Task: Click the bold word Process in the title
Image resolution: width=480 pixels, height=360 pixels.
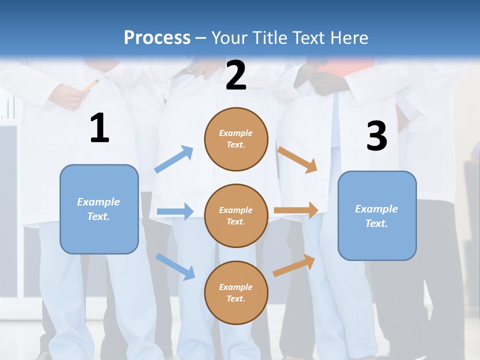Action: pos(157,37)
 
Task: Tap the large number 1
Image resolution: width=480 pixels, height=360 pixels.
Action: pos(99,128)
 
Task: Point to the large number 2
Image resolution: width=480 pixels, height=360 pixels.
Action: pos(236,75)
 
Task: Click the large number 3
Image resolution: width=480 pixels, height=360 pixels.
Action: pos(376,136)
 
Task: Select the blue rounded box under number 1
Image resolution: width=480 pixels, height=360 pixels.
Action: pos(99,209)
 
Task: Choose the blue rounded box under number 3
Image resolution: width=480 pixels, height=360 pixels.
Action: pos(377,215)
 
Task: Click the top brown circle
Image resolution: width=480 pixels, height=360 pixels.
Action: pos(236,139)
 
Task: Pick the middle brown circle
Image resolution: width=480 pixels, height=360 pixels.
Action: pos(236,215)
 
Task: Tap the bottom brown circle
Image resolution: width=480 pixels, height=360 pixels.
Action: pos(236,292)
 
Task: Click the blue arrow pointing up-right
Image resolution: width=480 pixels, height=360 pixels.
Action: pos(174,159)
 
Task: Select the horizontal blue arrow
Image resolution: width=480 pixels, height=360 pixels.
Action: pos(175,211)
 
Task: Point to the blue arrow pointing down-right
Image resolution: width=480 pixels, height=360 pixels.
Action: pos(175,266)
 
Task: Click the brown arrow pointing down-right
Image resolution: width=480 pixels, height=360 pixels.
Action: pos(297,160)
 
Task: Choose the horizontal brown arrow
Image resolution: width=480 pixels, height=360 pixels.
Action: pos(296,210)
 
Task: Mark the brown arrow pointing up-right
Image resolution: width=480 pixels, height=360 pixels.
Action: pos(294,265)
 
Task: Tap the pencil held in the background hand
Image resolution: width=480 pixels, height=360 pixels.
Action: pos(91,85)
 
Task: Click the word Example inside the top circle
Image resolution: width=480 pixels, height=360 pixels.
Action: pos(236,133)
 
